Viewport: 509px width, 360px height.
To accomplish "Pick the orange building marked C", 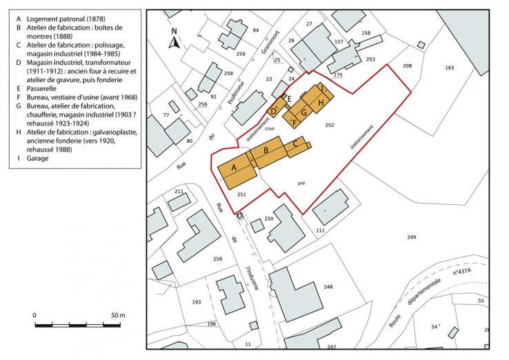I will point(296,144).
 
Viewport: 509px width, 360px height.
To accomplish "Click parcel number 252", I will point(330,125).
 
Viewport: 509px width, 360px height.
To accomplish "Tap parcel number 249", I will point(411,237).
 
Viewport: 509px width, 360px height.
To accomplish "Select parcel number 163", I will point(450,68).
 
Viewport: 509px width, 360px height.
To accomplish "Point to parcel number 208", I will point(407,66).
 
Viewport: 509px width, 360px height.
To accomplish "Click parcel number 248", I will point(328,287).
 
